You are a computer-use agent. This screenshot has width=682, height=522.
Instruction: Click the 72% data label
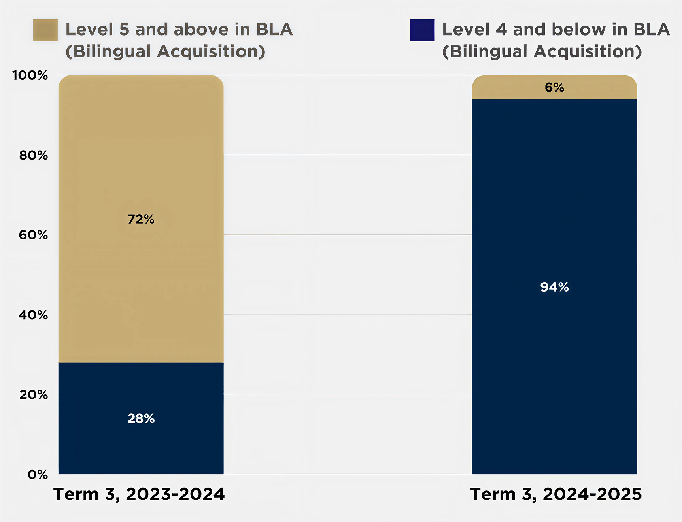141,219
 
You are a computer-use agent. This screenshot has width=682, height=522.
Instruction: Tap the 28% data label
141,418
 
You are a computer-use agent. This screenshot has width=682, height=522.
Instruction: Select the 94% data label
554,287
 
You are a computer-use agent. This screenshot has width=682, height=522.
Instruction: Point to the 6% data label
554,87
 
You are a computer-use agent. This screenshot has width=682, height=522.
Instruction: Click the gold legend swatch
45,30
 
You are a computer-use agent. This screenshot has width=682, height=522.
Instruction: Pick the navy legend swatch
422,30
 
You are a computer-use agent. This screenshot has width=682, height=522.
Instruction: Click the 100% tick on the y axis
30,75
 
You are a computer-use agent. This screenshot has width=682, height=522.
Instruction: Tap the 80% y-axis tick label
34,155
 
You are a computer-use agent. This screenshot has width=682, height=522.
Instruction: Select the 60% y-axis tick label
34,235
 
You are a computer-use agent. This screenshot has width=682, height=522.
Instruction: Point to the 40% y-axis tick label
34,315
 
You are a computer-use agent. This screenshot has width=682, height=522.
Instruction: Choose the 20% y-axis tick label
34,394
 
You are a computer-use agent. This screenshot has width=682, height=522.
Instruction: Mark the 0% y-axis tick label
38,474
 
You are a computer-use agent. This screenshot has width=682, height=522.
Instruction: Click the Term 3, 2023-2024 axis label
139,494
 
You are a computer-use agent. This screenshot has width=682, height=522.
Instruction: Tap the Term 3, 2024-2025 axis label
556,494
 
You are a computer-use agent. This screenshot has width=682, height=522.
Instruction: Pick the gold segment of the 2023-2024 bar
141,158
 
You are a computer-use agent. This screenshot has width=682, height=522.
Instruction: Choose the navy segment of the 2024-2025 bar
554,356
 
